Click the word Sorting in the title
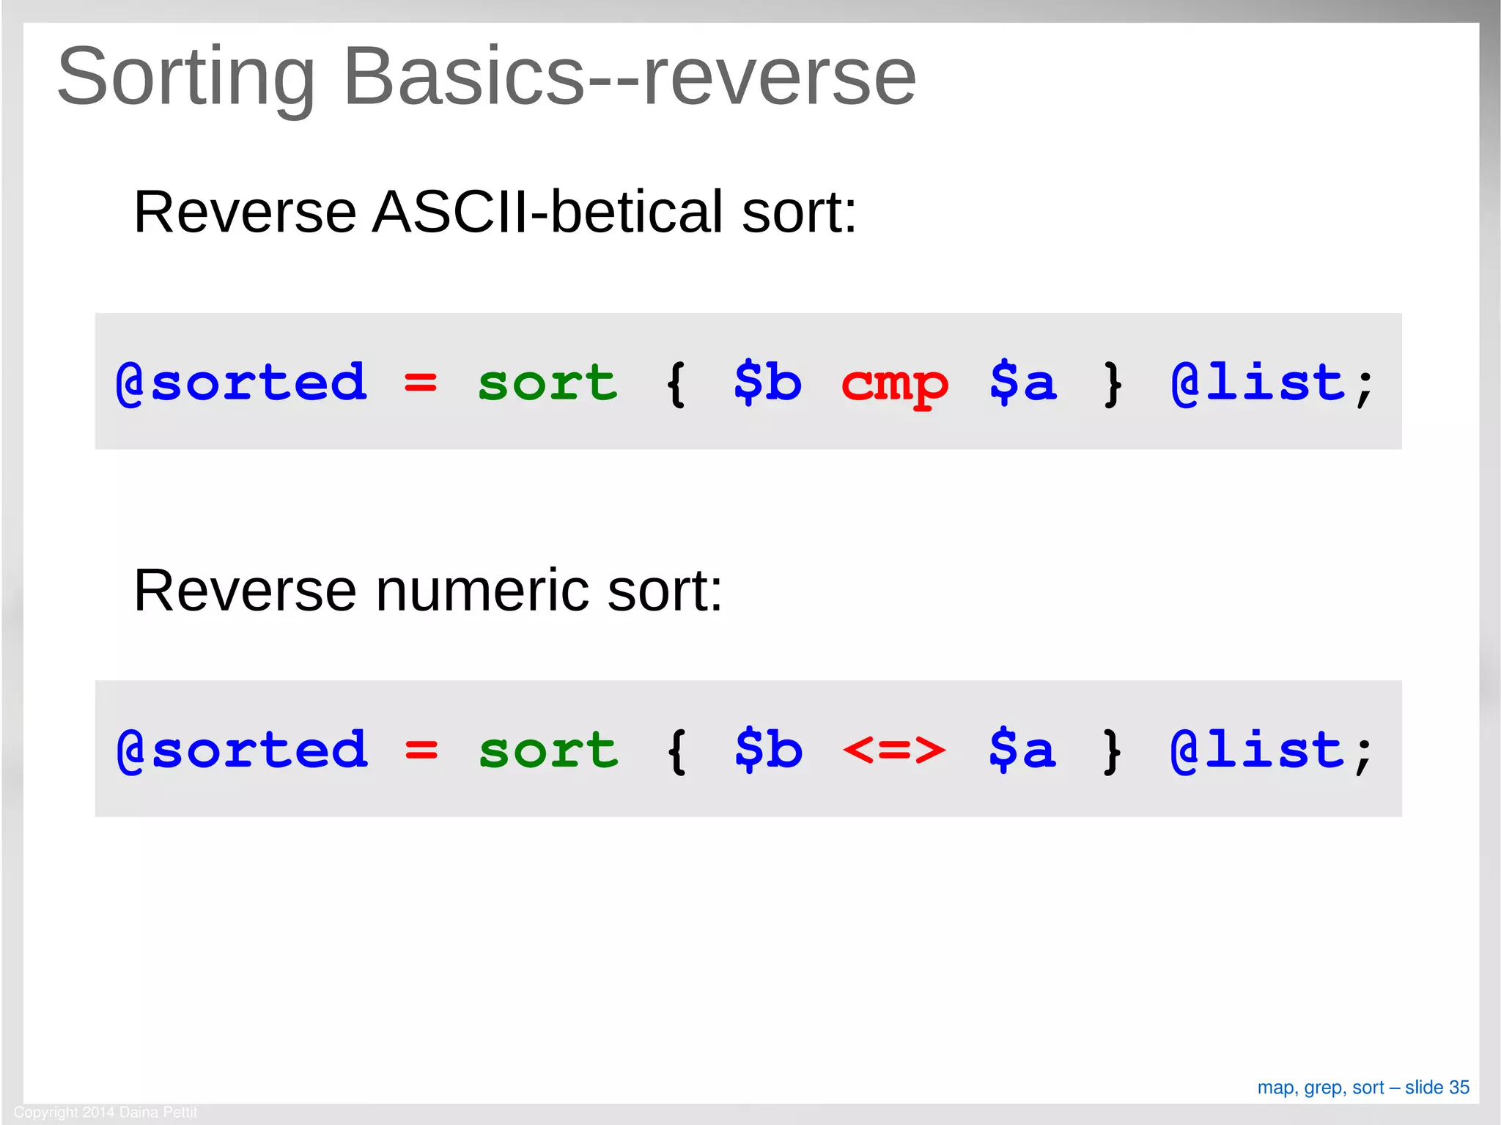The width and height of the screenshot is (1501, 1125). [185, 78]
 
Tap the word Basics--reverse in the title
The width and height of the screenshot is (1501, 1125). [629, 76]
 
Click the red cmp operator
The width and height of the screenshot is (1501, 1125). [894, 383]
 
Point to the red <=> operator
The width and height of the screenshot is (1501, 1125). [894, 750]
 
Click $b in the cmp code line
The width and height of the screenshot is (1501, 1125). [767, 382]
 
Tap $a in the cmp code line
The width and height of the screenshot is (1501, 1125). [1022, 382]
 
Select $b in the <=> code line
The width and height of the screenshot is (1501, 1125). [768, 749]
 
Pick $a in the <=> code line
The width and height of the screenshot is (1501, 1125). [1022, 749]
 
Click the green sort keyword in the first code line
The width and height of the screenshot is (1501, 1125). [547, 383]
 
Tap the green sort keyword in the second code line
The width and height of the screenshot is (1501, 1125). [548, 750]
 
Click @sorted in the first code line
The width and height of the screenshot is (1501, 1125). [241, 383]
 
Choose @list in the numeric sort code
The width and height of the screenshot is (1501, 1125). [1258, 750]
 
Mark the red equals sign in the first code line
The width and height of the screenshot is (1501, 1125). [420, 383]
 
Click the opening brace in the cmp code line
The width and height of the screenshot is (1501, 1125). [676, 383]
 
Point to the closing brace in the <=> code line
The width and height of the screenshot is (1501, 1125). [1112, 750]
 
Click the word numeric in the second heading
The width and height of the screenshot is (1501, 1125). [482, 591]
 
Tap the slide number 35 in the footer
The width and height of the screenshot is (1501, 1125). [1458, 1088]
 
